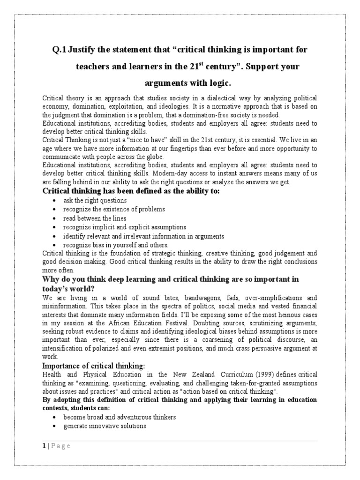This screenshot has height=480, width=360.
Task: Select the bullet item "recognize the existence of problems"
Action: click(x=114, y=209)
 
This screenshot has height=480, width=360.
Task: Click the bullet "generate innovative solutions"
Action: click(x=105, y=426)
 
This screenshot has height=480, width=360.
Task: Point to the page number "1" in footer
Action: click(x=43, y=446)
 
